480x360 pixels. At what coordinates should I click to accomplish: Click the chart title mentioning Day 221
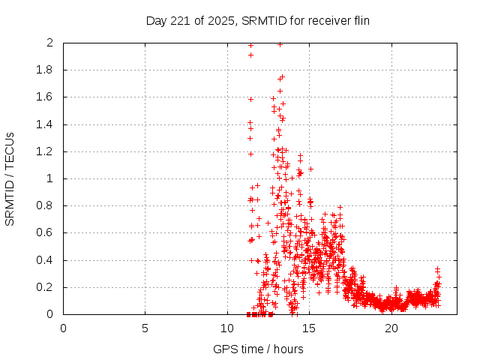tap(257, 21)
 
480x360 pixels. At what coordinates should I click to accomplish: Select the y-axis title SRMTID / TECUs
tap(10, 178)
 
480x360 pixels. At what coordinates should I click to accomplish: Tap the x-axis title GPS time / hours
tap(257, 349)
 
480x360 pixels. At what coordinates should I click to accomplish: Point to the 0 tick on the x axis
tap(63, 328)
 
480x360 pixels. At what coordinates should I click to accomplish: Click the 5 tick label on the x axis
tap(145, 328)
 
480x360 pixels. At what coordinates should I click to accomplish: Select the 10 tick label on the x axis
tap(227, 328)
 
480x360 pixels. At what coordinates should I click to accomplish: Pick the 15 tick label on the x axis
tap(309, 328)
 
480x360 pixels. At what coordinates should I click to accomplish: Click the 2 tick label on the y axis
tap(49, 43)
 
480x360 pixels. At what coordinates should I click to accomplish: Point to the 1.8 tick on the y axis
tap(46, 70)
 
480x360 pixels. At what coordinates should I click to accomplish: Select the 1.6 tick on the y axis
tap(46, 97)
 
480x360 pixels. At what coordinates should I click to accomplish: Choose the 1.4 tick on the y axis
tap(46, 124)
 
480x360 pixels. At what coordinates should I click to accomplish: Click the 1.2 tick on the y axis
tap(46, 151)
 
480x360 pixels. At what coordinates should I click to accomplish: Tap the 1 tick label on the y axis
tap(49, 178)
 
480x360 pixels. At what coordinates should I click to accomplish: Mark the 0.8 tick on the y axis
tap(46, 205)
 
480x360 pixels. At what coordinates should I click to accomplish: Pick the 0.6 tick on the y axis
tap(46, 233)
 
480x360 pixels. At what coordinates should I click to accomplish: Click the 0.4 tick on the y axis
tap(46, 260)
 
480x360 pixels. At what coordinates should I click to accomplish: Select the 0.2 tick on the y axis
tap(46, 287)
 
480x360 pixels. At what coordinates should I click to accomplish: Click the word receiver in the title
tap(323, 21)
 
